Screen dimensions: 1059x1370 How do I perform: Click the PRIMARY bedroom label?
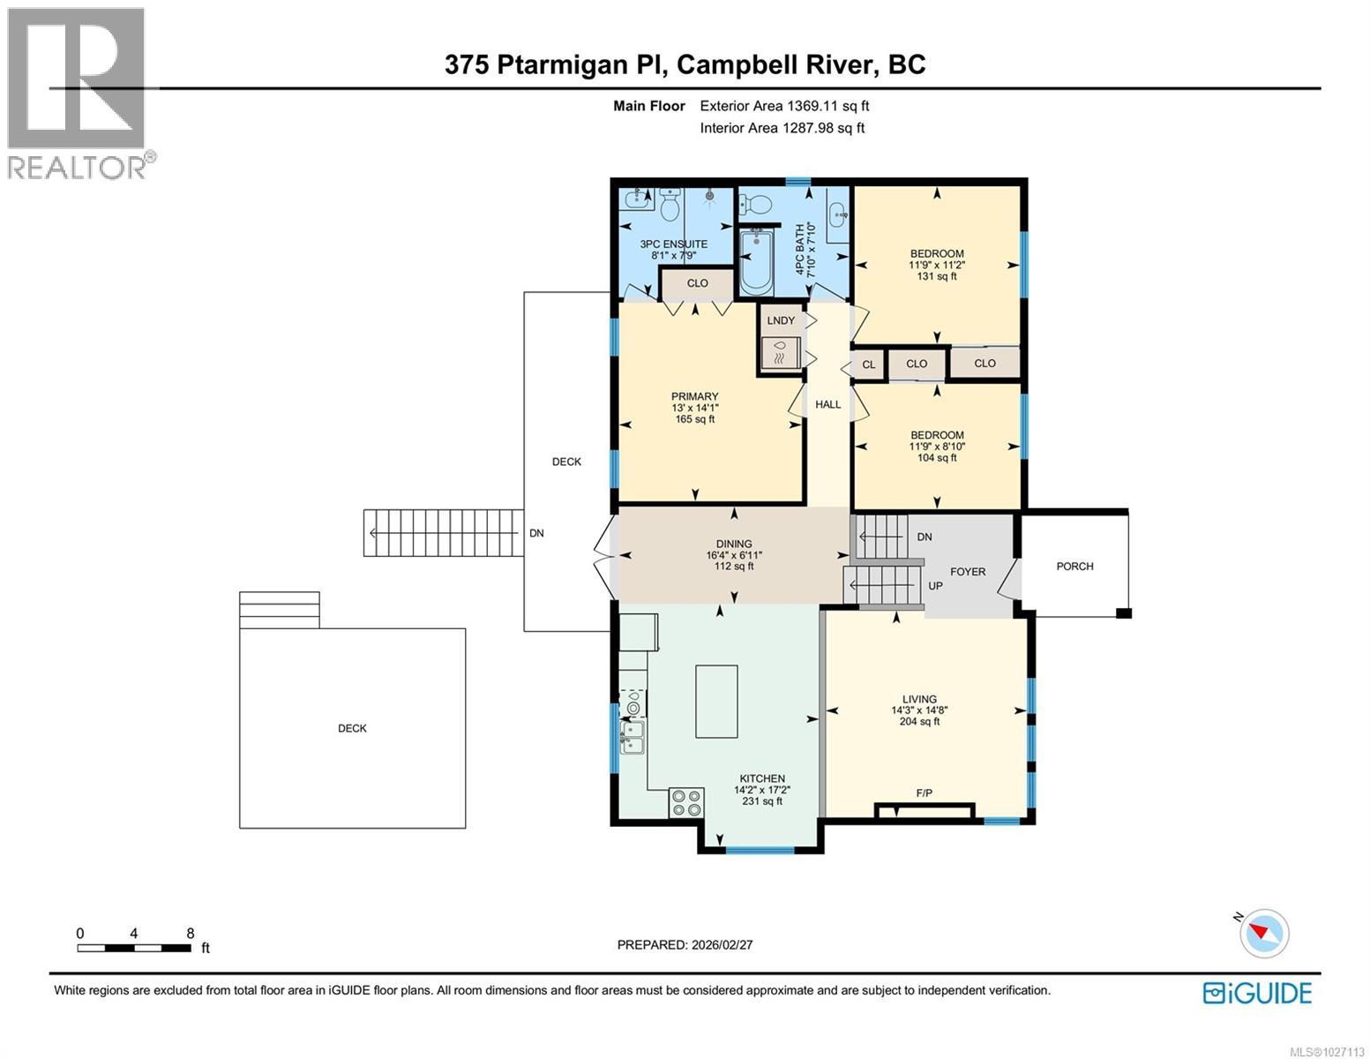(x=694, y=397)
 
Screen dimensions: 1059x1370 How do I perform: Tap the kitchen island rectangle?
(x=716, y=702)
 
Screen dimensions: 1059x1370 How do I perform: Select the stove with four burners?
(x=686, y=802)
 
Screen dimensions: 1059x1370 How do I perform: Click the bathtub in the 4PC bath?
(x=756, y=262)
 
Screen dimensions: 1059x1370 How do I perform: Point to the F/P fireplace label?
(x=925, y=793)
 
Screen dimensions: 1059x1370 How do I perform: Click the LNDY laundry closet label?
(x=781, y=320)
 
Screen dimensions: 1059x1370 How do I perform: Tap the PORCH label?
(x=1074, y=567)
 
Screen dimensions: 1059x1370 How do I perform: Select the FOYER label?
(x=968, y=572)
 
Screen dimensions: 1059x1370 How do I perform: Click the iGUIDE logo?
(x=1257, y=993)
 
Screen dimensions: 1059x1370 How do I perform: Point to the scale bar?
(x=134, y=948)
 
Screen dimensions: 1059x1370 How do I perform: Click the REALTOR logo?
(x=78, y=93)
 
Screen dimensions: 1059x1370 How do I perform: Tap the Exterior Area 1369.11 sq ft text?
(x=784, y=106)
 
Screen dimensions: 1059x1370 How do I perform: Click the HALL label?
(x=827, y=404)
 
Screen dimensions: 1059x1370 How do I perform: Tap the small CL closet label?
(x=869, y=364)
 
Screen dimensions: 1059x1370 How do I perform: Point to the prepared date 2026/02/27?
(x=685, y=944)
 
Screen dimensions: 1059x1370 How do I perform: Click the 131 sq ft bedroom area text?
(x=937, y=276)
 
